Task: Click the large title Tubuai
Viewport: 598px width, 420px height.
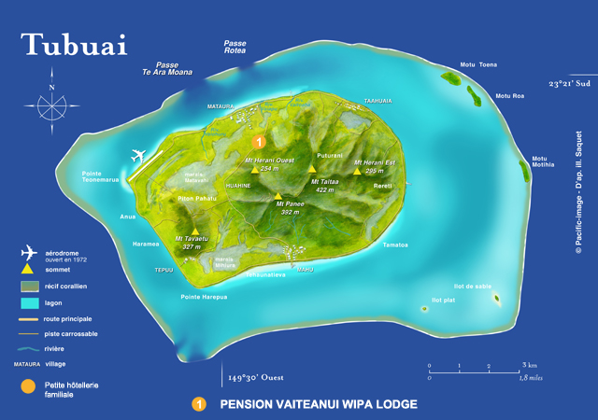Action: (x=74, y=45)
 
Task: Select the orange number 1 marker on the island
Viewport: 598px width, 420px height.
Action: (x=259, y=141)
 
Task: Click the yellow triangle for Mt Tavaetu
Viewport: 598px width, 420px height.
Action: (x=195, y=231)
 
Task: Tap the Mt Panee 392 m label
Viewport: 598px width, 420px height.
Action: (x=290, y=208)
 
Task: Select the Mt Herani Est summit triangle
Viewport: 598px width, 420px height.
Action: (x=356, y=171)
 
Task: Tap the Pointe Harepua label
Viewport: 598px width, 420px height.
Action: (x=204, y=298)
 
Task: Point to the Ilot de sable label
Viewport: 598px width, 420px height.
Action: (x=473, y=287)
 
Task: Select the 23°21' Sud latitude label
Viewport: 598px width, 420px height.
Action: (x=571, y=84)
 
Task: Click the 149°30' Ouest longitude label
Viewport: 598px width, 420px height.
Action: (x=262, y=378)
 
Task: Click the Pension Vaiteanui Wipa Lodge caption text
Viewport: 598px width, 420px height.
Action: (x=318, y=405)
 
